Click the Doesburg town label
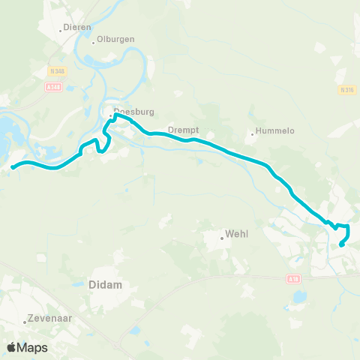coord(136,112)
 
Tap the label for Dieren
coord(78,27)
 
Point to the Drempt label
coord(182,128)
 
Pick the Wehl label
coord(236,234)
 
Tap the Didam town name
coord(105,285)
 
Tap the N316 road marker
coord(346,90)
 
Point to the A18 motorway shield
coord(292,278)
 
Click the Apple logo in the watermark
coord(11,347)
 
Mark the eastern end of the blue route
coord(341,244)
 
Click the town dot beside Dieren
coord(61,31)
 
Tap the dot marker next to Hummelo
coord(252,135)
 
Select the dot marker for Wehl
coord(222,238)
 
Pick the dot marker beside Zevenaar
coord(25,322)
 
